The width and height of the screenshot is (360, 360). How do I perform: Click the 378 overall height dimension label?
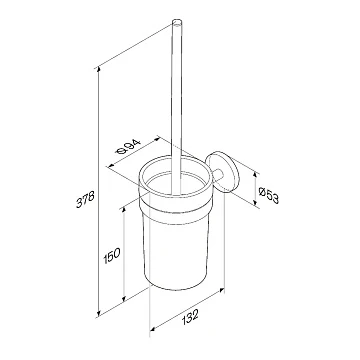point(86,199)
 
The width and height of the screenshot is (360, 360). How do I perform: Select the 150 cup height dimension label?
point(111,256)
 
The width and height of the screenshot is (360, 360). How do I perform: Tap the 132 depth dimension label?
point(191,317)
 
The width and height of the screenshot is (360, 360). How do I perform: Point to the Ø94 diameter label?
point(129,147)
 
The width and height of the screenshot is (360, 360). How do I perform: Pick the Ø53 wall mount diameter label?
point(269,194)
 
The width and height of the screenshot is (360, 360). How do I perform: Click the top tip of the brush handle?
point(177,22)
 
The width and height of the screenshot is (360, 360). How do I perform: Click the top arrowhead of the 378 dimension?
point(98,70)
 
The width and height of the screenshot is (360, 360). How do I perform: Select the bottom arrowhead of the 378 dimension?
point(98,313)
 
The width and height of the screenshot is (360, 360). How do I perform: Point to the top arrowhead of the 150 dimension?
point(124,209)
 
